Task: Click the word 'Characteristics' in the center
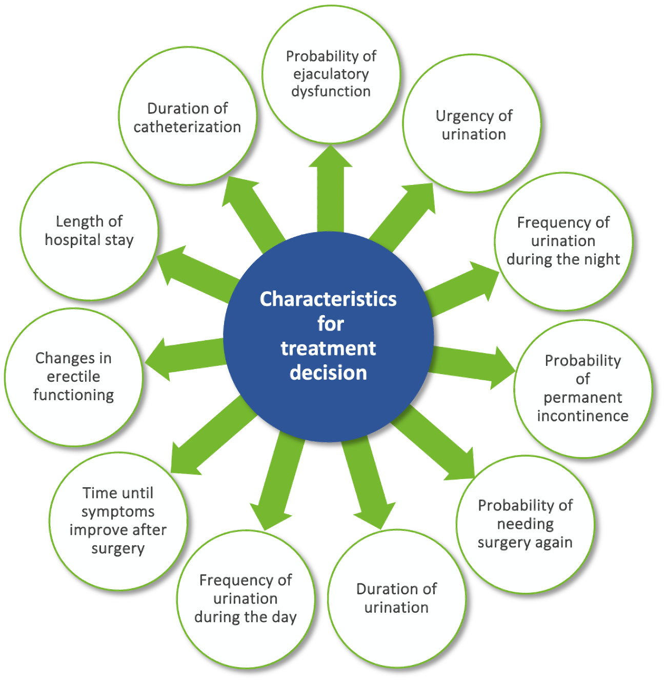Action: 328,299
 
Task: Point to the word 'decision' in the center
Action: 328,373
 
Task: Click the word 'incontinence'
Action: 583,416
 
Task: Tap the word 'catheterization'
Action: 187,127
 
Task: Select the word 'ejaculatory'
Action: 331,74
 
